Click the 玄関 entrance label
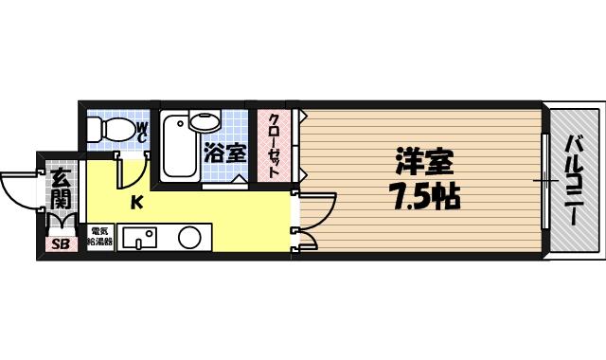pyautogui.click(x=60, y=188)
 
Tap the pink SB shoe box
pyautogui.click(x=60, y=244)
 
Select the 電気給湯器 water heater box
pyautogui.click(x=100, y=236)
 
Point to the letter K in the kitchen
pyautogui.click(x=136, y=201)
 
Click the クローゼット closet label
pyautogui.click(x=274, y=144)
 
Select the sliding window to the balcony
pyautogui.click(x=545, y=180)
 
